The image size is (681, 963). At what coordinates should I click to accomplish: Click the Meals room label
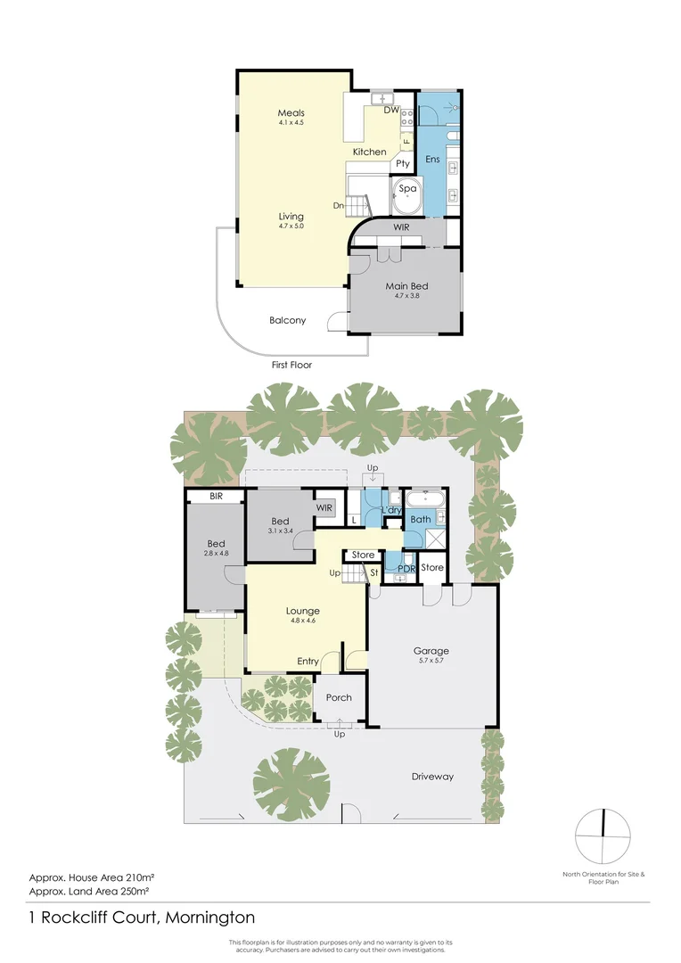tap(291, 113)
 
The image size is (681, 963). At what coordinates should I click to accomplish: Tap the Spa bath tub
tap(407, 191)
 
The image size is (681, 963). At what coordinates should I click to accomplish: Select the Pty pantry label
tap(402, 164)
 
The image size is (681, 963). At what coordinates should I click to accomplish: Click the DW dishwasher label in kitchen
tap(390, 111)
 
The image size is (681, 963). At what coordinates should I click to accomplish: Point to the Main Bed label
tap(406, 286)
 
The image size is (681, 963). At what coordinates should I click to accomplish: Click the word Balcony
tap(287, 320)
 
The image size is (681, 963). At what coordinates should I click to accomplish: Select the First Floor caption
tap(291, 365)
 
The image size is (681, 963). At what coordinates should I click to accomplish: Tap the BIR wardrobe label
tap(216, 496)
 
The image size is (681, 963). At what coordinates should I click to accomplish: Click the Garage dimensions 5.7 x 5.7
tap(430, 661)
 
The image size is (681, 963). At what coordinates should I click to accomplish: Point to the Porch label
tap(339, 697)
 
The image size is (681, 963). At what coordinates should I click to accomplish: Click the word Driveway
tap(432, 777)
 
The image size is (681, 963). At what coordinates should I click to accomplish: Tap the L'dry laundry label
tap(392, 509)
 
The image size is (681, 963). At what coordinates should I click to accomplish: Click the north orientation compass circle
tap(603, 835)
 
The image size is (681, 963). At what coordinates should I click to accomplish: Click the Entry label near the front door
tap(308, 661)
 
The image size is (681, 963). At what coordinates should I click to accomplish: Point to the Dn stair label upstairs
tap(339, 206)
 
